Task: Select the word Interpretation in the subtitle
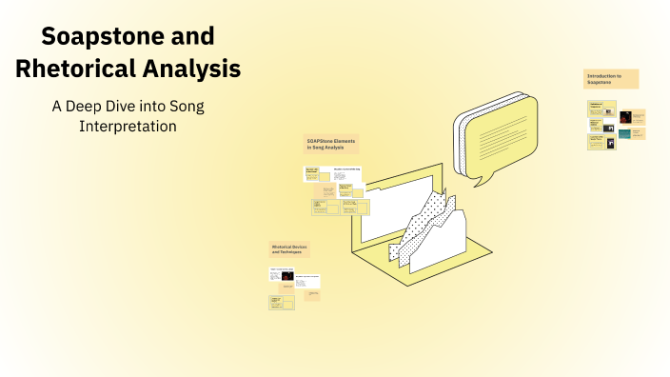pyautogui.click(x=128, y=126)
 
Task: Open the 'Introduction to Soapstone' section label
pyautogui.click(x=610, y=79)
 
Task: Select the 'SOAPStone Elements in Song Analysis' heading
pyautogui.click(x=331, y=144)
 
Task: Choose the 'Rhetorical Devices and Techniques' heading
pyautogui.click(x=288, y=249)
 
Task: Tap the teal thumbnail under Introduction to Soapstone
pyautogui.click(x=624, y=133)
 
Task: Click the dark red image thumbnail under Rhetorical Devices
pyautogui.click(x=286, y=275)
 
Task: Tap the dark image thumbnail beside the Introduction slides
pyautogui.click(x=625, y=117)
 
